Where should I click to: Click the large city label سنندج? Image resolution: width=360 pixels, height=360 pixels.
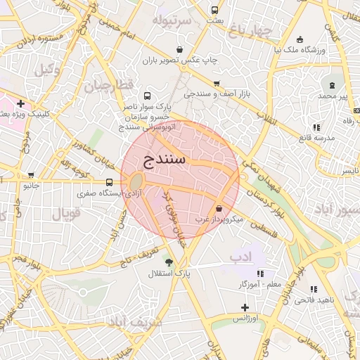pos(164,159)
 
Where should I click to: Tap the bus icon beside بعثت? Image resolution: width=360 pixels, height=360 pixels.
pos(214,11)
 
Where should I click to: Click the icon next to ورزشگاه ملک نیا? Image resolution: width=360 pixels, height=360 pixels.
pos(300,39)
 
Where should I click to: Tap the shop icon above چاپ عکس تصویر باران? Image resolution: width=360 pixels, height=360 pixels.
pos(180,49)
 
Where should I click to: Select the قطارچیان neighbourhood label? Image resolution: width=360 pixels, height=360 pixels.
pos(109,88)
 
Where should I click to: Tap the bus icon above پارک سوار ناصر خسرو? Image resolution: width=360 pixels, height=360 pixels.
pos(147,95)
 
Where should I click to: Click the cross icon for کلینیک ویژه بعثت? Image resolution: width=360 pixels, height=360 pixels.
pos(21,103)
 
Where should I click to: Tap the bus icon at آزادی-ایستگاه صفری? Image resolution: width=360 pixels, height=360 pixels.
pos(108,184)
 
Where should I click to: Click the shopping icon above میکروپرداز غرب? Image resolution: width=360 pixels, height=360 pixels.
pos(220,208)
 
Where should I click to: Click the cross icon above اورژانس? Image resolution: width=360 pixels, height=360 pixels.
pos(244,307)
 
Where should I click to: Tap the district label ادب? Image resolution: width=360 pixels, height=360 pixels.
pos(240,258)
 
